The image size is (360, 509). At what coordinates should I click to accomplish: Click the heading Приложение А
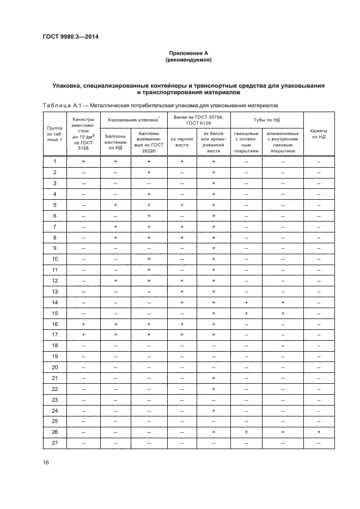pos(188,53)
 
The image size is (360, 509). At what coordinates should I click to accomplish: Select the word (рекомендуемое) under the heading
pos(188,60)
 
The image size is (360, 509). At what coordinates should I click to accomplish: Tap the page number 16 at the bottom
pos(46,463)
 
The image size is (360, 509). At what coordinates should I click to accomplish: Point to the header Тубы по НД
pos(266,119)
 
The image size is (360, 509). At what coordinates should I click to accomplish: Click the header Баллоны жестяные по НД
pos(115,142)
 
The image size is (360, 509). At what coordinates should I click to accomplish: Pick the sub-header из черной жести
pos(182,142)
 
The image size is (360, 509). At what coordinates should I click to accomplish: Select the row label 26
pos(54,432)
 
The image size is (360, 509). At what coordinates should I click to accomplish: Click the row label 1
pos(54,162)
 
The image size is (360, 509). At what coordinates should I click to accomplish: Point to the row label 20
pos(54,367)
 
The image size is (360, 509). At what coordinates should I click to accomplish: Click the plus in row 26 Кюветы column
pos(318,432)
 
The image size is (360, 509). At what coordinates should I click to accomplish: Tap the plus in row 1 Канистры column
pos(83,162)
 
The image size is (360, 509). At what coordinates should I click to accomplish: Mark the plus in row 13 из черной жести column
pos(182,291)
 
